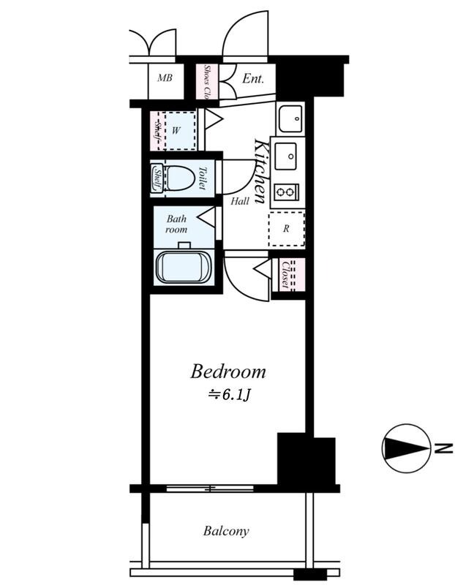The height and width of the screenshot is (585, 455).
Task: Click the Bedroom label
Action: (x=228, y=372)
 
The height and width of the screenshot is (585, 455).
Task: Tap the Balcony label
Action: (x=226, y=531)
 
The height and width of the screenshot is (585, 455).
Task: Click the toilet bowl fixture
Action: (x=180, y=178)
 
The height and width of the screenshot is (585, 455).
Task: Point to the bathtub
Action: (x=184, y=267)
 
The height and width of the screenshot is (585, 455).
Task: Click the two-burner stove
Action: (x=286, y=192)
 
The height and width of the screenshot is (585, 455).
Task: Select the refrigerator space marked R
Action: (x=286, y=229)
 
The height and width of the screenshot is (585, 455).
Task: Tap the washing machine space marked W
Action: (x=176, y=131)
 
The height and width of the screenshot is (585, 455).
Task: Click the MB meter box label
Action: (x=165, y=78)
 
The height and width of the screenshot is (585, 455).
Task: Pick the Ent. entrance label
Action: (x=253, y=78)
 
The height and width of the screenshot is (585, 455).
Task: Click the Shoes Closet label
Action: (x=207, y=82)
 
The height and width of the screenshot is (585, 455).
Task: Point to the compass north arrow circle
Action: (x=406, y=448)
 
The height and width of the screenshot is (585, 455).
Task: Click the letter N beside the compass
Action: (x=443, y=448)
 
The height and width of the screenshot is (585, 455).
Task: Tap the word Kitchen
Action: (x=260, y=171)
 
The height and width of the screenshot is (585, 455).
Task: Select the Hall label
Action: (x=240, y=202)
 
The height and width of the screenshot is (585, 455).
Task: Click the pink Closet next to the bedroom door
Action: (x=289, y=275)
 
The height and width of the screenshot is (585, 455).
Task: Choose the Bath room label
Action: (x=176, y=224)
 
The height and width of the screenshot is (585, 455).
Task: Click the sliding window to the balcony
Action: (x=210, y=488)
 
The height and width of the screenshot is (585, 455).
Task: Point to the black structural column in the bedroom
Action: (x=306, y=459)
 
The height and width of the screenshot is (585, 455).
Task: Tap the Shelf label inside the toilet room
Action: (x=157, y=178)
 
